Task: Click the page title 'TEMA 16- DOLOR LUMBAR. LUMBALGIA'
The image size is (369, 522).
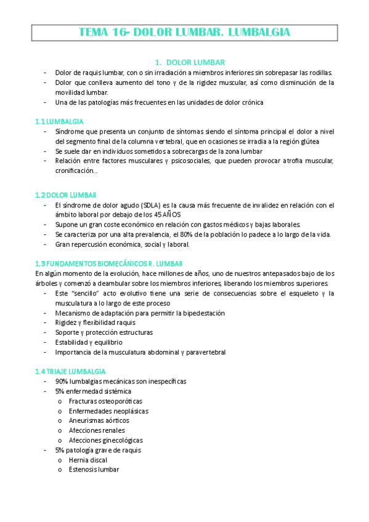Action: click(x=185, y=32)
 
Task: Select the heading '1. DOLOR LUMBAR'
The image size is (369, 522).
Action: click(x=190, y=62)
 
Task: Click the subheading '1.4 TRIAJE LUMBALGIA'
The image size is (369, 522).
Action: click(x=70, y=371)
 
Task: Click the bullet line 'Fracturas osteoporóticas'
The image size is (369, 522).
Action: click(x=101, y=401)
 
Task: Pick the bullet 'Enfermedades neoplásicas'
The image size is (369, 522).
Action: click(x=108, y=411)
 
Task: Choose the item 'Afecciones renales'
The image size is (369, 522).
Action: click(x=97, y=430)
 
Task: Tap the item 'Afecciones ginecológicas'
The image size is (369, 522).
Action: click(x=106, y=440)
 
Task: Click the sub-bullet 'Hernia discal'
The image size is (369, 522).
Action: click(x=88, y=460)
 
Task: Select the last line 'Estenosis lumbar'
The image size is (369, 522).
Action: click(x=94, y=470)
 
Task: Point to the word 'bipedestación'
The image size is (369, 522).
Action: click(x=203, y=313)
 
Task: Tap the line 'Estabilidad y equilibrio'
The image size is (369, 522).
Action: click(x=89, y=342)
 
